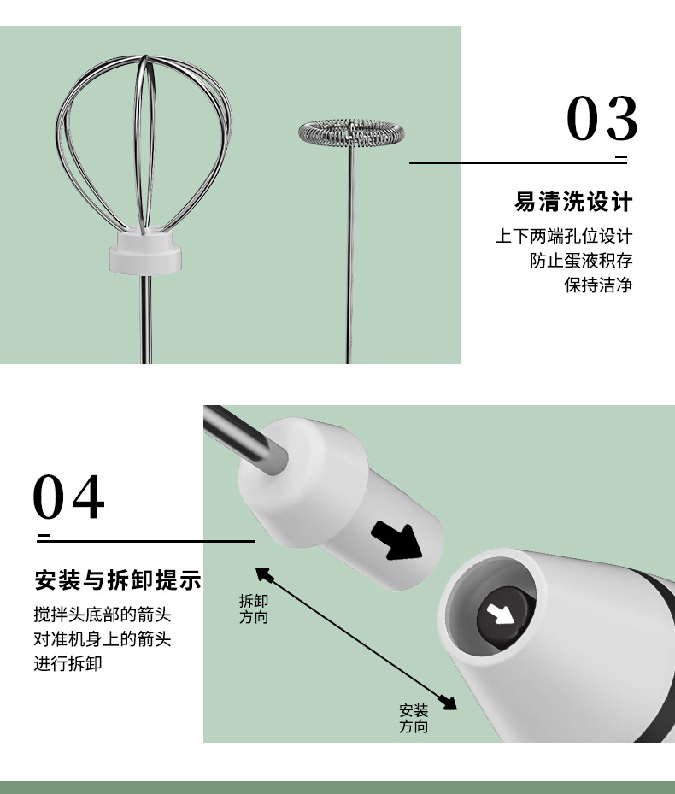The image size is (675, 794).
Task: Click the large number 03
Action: (x=602, y=119)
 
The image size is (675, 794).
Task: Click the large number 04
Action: (x=68, y=497)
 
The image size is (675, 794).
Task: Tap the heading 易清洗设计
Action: (x=573, y=202)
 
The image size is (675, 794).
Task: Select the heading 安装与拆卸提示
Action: (x=118, y=579)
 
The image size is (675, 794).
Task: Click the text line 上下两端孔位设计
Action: (x=564, y=236)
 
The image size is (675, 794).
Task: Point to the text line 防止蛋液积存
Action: (x=581, y=261)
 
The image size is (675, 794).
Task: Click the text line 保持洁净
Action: (x=599, y=285)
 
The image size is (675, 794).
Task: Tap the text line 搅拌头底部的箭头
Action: (x=103, y=615)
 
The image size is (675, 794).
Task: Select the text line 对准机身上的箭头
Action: (x=103, y=638)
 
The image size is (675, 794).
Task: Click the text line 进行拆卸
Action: (x=67, y=663)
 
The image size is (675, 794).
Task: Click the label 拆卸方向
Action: (x=254, y=609)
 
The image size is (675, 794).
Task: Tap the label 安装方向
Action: (x=414, y=719)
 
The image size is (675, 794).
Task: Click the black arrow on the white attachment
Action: (x=397, y=541)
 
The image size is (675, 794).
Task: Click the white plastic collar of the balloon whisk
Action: (x=145, y=251)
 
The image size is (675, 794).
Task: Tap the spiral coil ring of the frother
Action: (x=351, y=132)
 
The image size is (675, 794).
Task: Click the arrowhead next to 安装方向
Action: (x=448, y=702)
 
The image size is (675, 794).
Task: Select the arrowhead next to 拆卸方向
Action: (x=264, y=575)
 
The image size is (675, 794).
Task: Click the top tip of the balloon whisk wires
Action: (x=145, y=56)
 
